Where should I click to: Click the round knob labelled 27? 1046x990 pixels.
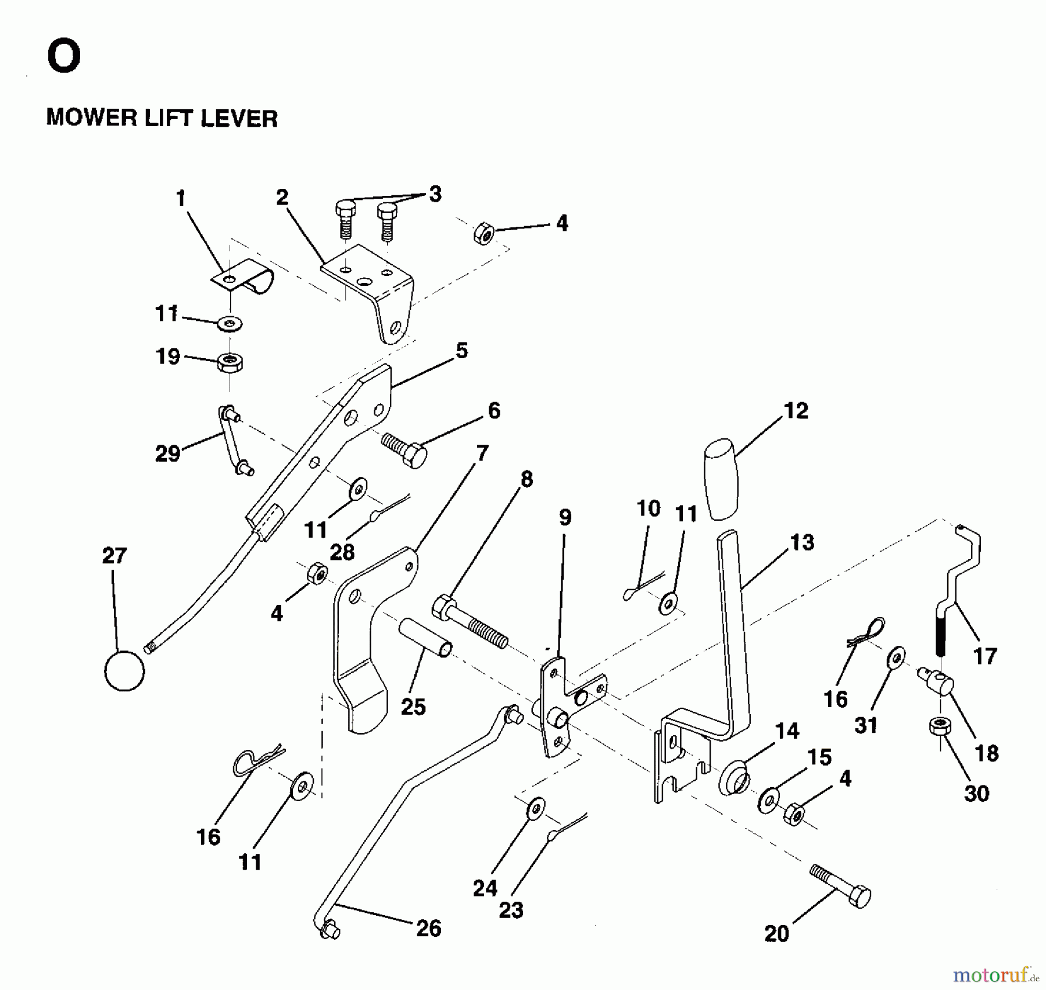(124, 670)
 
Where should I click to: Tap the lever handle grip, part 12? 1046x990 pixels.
(721, 479)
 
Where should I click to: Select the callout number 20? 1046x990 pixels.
(777, 934)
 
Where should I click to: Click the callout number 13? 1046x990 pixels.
(802, 542)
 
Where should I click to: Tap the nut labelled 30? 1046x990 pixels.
(940, 726)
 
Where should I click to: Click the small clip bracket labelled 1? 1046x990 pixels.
(243, 276)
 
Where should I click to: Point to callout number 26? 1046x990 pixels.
(429, 928)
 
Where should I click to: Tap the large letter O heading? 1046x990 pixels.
(64, 57)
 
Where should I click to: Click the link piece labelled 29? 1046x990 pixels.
(235, 440)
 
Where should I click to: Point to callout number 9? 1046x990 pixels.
(565, 517)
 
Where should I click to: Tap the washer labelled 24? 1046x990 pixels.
(535, 809)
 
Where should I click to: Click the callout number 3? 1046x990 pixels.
(435, 194)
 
